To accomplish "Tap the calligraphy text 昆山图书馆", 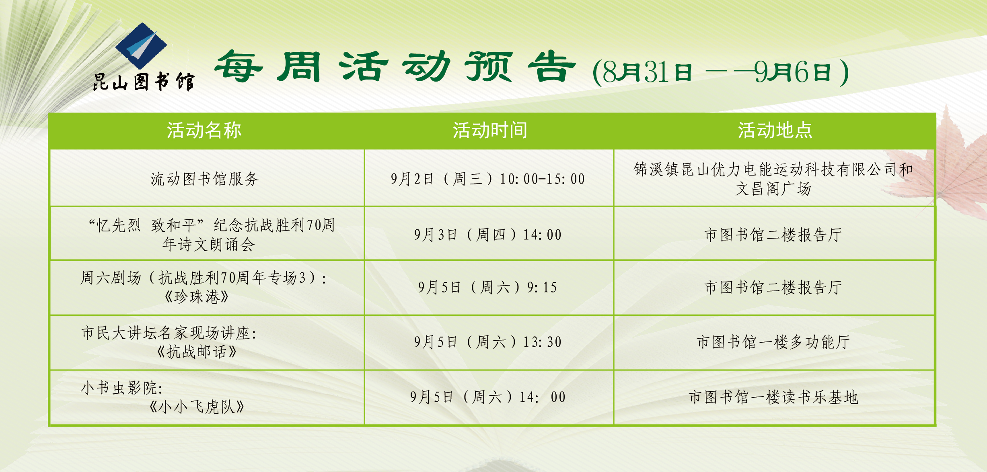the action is pos(144,82).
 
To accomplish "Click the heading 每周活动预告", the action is pos(395,67).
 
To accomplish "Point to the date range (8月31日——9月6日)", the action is pos(721,72).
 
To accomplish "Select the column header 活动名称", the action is pos(204,130).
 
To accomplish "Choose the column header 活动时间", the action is pos(490,130).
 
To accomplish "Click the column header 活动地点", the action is pos(775,130).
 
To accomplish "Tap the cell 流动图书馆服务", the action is pos(204,179).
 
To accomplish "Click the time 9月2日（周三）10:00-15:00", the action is pos(488,179).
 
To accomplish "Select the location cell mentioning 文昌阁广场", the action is pos(773,179).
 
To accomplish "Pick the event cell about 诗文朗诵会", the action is pos(212,235).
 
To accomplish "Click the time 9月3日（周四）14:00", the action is pos(488,235).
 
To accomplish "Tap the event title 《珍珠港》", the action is pos(197,297).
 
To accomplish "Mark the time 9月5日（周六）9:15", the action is pos(488,287).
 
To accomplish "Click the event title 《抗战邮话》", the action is pos(197,352).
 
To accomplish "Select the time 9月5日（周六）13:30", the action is pos(488,342).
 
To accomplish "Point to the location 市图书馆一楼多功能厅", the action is pos(773,342).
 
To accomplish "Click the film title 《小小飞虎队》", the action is pos(197,407).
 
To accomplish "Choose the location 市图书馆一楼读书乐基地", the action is pos(773,397).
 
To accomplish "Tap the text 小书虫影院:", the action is pos(122,388).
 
